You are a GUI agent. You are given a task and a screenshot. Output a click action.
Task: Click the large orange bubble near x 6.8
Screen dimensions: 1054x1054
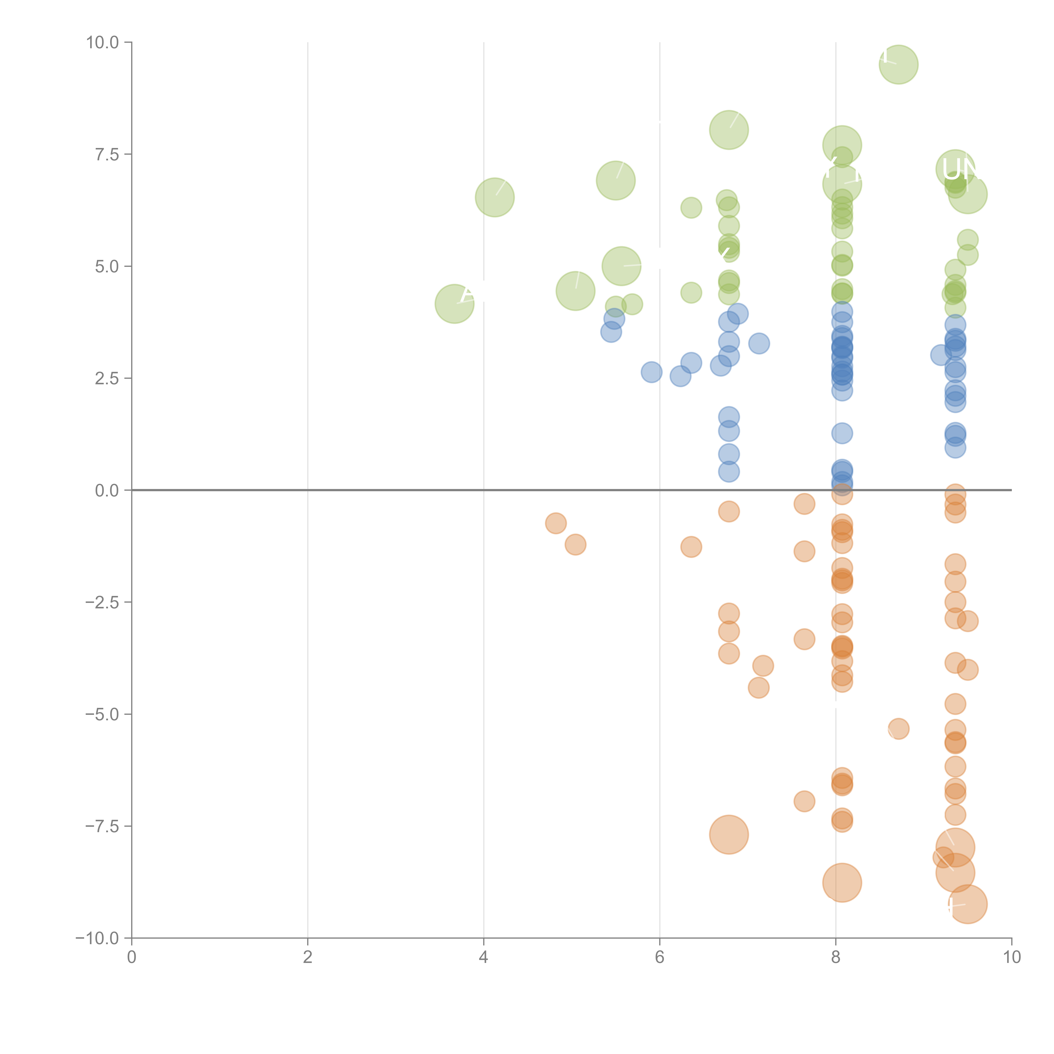(x=729, y=835)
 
